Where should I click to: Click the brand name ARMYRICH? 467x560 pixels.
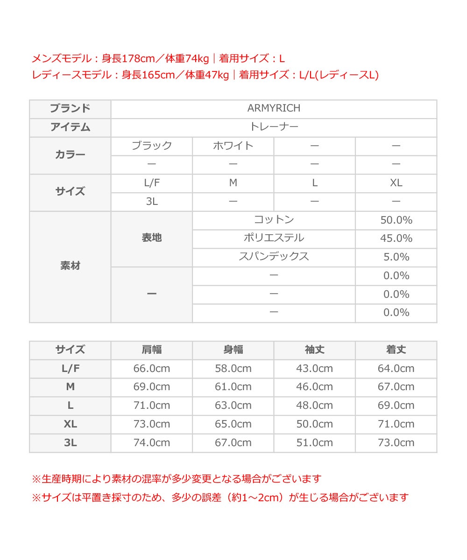(274, 108)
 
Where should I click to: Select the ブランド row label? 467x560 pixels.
(70, 108)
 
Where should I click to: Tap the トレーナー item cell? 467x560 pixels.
(274, 127)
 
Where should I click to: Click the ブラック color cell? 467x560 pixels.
(151, 146)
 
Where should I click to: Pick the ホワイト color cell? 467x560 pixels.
(233, 146)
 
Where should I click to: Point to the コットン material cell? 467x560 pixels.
(274, 220)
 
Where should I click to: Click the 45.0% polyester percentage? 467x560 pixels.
(396, 238)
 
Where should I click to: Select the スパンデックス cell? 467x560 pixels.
(274, 257)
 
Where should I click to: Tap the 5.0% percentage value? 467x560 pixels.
(396, 257)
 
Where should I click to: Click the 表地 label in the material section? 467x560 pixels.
(151, 238)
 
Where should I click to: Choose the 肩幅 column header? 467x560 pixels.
(151, 350)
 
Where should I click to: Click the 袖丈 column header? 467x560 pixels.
(314, 350)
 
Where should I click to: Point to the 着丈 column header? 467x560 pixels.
(396, 350)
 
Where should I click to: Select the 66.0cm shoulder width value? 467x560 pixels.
(151, 368)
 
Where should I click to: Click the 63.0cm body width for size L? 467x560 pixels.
(233, 405)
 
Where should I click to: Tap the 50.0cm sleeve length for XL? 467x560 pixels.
(314, 424)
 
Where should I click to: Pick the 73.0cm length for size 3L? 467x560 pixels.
(396, 442)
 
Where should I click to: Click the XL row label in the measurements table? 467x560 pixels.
(70, 424)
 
